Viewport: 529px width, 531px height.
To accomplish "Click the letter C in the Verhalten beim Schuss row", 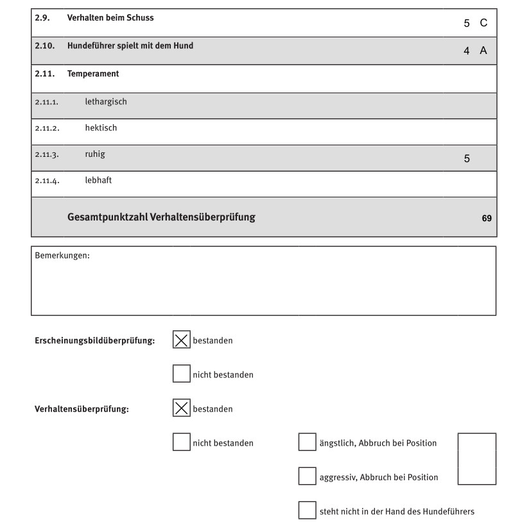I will click(x=483, y=23).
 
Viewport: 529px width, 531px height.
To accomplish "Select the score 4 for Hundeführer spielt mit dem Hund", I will click(x=467, y=51).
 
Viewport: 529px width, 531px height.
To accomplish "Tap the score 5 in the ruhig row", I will click(x=467, y=158).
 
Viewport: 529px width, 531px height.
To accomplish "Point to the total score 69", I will click(x=487, y=219).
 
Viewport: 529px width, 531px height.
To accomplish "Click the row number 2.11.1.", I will click(x=47, y=102).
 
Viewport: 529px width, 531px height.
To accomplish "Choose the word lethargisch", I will click(x=106, y=102).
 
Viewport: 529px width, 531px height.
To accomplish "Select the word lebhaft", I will click(x=98, y=181).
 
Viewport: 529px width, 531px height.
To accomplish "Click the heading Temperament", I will click(x=93, y=74).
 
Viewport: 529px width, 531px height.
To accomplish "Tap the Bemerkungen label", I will click(x=62, y=256).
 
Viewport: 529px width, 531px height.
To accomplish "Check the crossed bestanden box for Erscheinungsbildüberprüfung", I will click(x=182, y=340).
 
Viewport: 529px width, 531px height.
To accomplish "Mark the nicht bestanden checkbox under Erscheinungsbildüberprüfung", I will click(x=182, y=374).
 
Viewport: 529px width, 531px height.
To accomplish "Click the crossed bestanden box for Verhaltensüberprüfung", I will click(x=182, y=408).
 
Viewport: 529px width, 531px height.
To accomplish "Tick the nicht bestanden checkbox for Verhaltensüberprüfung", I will click(x=182, y=442).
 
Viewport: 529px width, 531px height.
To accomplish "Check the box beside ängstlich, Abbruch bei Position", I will click(x=307, y=442).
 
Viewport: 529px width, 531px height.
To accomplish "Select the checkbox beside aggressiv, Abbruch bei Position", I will click(x=307, y=476).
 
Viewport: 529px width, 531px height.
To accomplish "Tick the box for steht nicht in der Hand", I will click(x=307, y=510).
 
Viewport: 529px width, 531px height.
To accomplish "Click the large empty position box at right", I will click(x=476, y=458).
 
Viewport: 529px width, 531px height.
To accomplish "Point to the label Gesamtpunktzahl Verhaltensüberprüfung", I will click(x=161, y=217).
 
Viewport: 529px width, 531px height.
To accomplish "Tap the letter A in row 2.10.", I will click(x=483, y=51).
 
